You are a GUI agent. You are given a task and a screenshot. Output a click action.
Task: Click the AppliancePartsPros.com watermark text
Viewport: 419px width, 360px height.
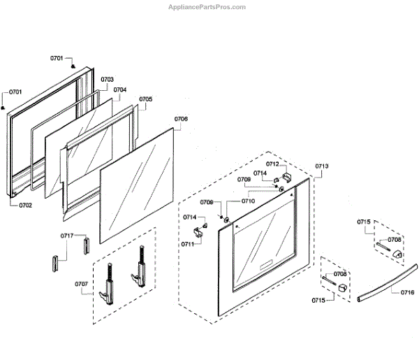tap(207, 7)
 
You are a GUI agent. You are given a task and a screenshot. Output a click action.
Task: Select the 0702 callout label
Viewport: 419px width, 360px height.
tap(24, 206)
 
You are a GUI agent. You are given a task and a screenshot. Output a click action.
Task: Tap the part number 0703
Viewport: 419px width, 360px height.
tap(107, 80)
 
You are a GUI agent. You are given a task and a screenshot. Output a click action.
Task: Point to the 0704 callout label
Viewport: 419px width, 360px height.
tap(119, 89)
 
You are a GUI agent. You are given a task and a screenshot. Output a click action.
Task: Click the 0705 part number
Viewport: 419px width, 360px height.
tap(145, 99)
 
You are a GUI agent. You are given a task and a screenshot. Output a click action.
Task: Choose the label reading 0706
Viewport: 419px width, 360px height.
tap(180, 119)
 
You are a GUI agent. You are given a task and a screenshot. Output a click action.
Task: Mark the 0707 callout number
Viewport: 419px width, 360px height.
tap(82, 283)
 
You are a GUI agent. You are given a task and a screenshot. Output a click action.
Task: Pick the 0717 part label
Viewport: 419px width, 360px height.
tap(66, 236)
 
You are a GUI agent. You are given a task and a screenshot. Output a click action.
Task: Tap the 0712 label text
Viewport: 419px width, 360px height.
tap(272, 164)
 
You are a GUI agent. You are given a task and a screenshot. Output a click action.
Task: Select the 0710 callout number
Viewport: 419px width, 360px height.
tap(248, 201)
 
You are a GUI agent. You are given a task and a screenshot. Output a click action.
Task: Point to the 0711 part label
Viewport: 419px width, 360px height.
tap(188, 244)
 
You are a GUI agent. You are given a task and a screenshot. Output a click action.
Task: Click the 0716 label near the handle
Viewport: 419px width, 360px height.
tap(407, 292)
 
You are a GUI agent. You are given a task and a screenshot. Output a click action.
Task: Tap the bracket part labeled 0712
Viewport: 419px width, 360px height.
tap(288, 173)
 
